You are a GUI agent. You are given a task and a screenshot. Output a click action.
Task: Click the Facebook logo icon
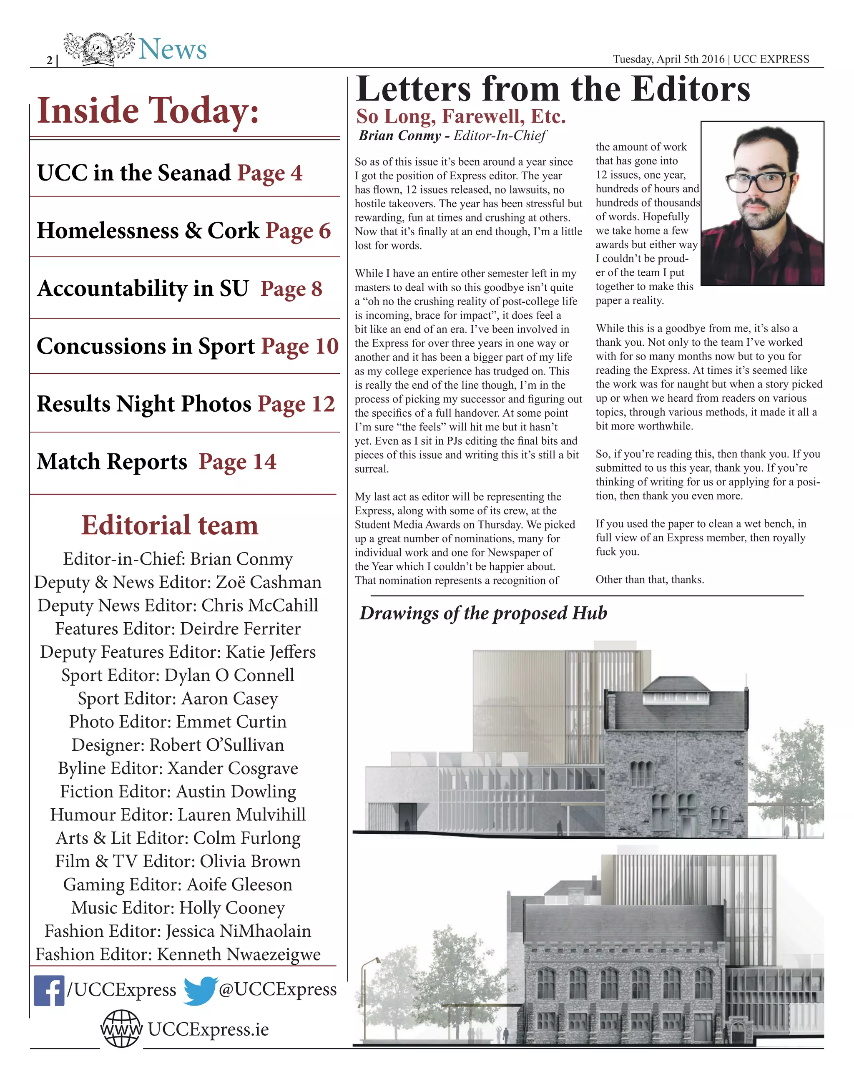(x=49, y=991)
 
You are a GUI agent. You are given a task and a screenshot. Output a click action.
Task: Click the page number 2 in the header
(x=49, y=60)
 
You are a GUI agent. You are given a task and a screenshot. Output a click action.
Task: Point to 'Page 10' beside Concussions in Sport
(x=299, y=347)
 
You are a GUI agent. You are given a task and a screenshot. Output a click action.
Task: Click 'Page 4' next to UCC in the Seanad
(x=269, y=173)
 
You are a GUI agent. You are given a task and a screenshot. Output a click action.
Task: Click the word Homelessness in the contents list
(x=108, y=231)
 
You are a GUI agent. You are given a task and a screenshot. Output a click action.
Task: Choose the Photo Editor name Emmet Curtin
(x=231, y=722)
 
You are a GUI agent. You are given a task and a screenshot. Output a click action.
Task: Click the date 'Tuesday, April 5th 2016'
(x=668, y=59)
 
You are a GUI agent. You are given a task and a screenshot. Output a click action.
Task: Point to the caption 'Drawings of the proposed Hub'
(x=483, y=613)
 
